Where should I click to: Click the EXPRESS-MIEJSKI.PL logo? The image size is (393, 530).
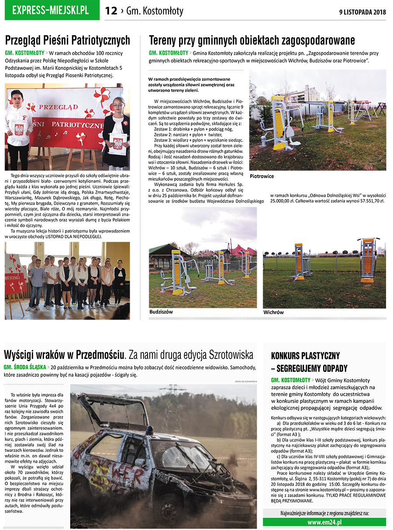pyautogui.click(x=52, y=10)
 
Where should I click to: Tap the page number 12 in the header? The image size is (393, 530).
pyautogui.click(x=111, y=11)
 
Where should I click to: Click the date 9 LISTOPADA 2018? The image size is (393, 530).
pyautogui.click(x=362, y=12)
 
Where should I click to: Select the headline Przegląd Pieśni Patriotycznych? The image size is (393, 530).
pyautogui.click(x=67, y=41)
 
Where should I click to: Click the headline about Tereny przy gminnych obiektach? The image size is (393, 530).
pyautogui.click(x=252, y=41)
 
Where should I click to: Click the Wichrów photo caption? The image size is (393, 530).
pyautogui.click(x=273, y=312)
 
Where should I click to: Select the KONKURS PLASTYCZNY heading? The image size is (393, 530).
pyautogui.click(x=305, y=355)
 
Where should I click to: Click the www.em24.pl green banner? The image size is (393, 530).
pyautogui.click(x=324, y=522)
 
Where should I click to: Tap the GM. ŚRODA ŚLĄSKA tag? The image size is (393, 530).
pyautogui.click(x=25, y=367)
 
